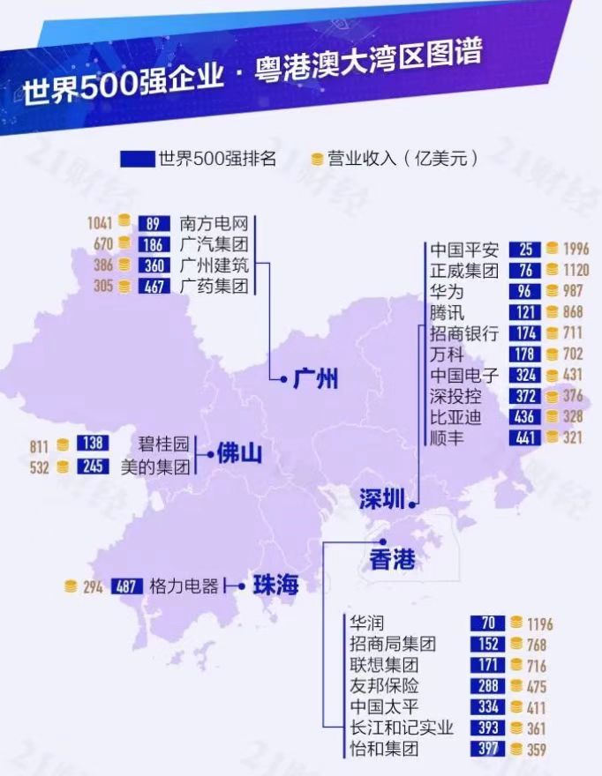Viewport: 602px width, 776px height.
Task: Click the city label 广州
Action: click(x=315, y=379)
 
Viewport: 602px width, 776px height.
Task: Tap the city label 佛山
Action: click(x=240, y=455)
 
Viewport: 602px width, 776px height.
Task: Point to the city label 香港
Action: click(x=392, y=559)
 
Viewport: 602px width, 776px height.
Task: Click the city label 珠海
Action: click(x=275, y=585)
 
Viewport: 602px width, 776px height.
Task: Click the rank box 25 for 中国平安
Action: click(x=524, y=250)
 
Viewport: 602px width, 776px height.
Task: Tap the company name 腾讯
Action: click(x=447, y=313)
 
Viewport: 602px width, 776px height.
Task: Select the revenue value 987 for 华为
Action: click(x=575, y=292)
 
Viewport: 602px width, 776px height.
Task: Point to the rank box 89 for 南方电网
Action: click(x=154, y=223)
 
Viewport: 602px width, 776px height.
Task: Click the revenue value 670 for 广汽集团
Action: click(x=103, y=244)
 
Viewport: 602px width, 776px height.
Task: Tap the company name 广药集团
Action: click(x=214, y=286)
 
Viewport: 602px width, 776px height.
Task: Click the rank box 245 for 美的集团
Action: click(x=92, y=466)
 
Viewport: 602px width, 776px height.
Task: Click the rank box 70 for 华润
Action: click(x=488, y=623)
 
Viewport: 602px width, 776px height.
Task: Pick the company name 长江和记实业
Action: click(x=402, y=728)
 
